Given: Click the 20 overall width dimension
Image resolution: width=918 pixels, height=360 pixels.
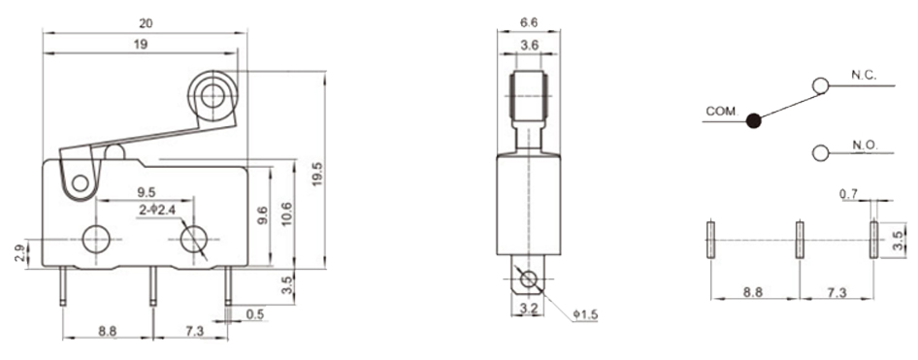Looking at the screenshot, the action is [146, 23].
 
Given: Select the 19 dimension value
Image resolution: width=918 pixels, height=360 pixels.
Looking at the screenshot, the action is [141, 44].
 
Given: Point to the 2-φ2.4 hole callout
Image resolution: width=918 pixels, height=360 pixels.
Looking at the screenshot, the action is [157, 210].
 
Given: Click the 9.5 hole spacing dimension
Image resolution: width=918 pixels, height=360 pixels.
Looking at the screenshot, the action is [146, 192].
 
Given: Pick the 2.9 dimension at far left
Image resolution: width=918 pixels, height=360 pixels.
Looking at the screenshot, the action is [20, 253].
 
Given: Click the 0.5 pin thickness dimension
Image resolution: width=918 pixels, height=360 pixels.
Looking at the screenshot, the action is [254, 314].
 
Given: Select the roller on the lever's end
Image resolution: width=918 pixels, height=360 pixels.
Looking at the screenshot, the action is [212, 95].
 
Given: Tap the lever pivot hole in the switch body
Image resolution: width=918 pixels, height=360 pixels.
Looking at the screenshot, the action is [80, 185].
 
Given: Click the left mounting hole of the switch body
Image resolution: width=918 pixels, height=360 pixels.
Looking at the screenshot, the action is [96, 239].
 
